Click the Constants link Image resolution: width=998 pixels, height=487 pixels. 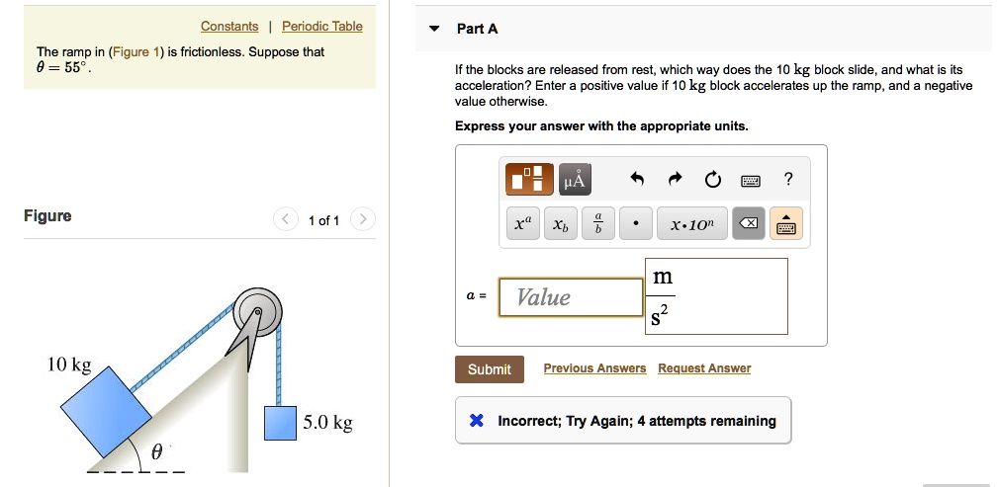[x=229, y=27]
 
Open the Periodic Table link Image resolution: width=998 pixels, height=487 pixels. [x=322, y=27]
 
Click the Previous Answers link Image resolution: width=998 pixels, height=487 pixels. [x=594, y=368]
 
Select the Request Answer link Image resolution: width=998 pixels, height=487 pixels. [x=704, y=368]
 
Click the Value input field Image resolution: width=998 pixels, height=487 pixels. [x=571, y=297]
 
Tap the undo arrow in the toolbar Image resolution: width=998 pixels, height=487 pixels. [x=638, y=180]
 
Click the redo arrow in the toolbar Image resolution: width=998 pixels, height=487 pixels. [x=676, y=180]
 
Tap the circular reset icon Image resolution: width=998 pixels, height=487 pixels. [x=713, y=180]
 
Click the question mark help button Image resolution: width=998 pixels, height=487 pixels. [x=787, y=179]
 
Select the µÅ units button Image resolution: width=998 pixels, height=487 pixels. [x=575, y=180]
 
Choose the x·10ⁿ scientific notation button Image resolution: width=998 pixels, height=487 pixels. [x=698, y=224]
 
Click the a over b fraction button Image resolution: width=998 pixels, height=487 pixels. [x=597, y=224]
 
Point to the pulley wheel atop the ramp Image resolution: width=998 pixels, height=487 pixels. [x=258, y=314]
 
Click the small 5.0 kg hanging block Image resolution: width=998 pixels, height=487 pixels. [x=280, y=423]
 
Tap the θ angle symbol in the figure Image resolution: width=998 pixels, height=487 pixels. [x=156, y=453]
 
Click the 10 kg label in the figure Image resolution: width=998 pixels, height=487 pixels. [x=69, y=365]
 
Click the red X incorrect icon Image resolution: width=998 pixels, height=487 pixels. [x=476, y=421]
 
